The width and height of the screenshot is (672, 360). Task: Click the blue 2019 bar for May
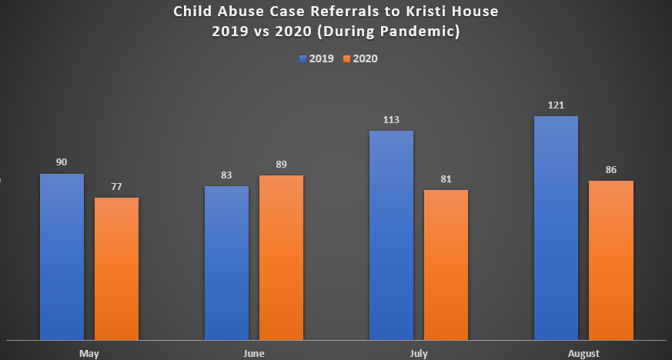click(62, 256)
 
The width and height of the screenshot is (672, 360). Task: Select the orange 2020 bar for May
click(117, 268)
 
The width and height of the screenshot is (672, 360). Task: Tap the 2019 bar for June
click(226, 262)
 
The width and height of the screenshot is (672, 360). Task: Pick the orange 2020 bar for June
click(281, 257)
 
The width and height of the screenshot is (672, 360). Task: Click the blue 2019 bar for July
click(391, 235)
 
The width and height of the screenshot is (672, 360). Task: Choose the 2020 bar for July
click(446, 265)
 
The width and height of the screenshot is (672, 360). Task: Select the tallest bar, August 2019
click(556, 228)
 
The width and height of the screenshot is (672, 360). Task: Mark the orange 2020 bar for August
click(610, 260)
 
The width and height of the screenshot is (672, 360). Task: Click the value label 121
click(556, 104)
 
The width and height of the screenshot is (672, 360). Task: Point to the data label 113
click(391, 119)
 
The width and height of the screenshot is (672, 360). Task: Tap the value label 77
click(117, 186)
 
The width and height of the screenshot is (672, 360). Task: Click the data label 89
click(281, 164)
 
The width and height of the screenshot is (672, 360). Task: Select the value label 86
click(610, 169)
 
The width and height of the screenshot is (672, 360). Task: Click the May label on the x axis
click(89, 353)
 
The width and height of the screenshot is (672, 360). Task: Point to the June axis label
click(253, 353)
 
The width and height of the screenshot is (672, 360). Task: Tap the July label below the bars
click(418, 353)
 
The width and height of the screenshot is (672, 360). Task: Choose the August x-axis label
click(583, 353)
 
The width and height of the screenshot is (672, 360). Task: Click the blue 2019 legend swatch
click(303, 58)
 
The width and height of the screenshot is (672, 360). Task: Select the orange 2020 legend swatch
click(348, 58)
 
